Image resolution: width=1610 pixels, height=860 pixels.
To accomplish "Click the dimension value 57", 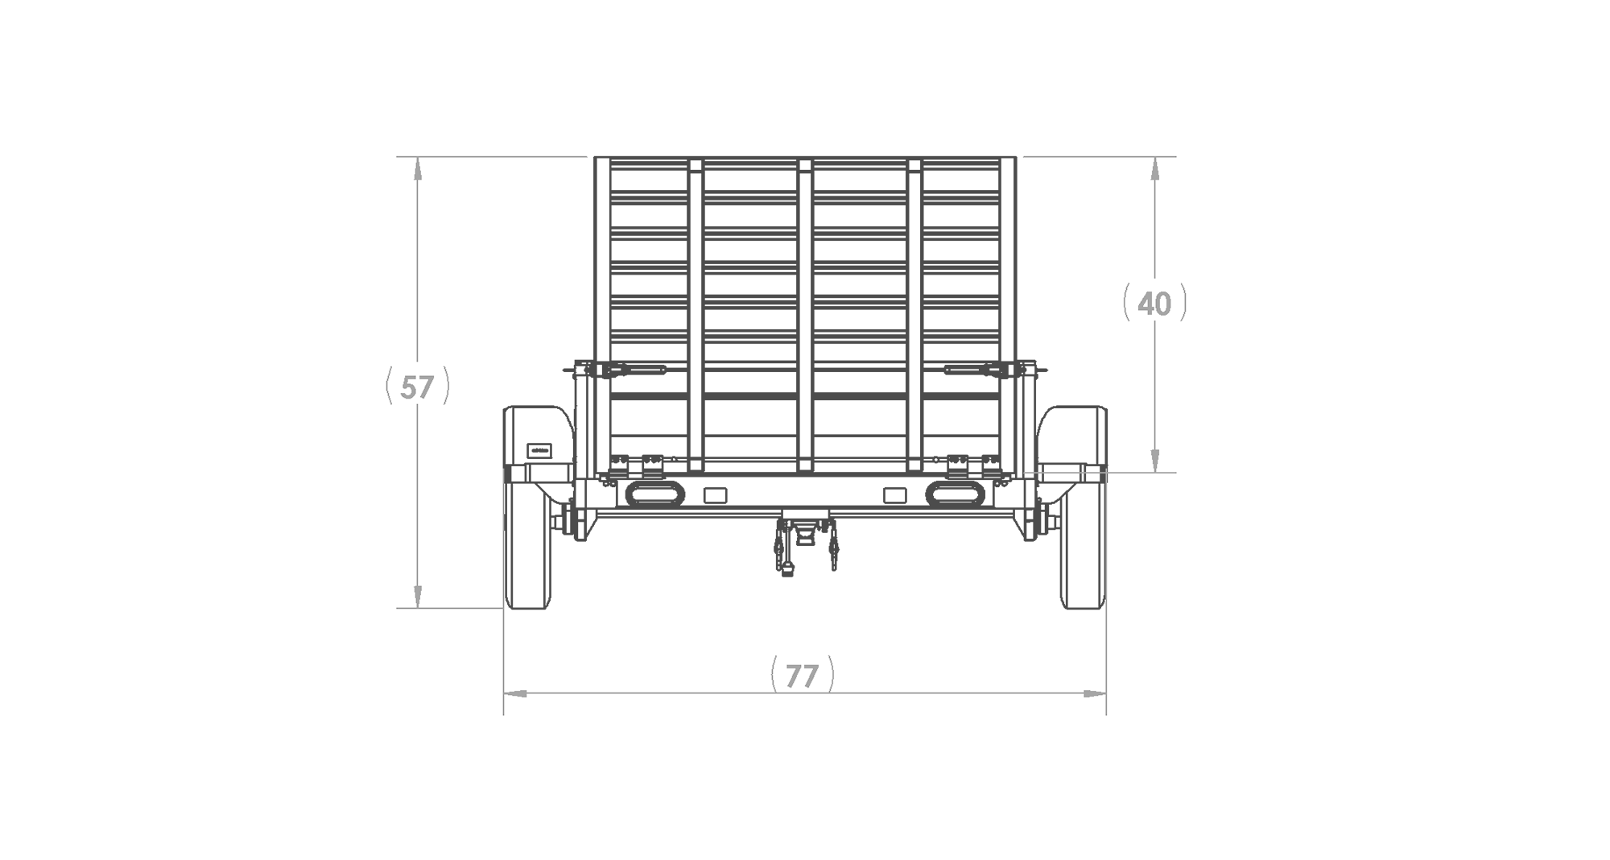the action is pos(417,388).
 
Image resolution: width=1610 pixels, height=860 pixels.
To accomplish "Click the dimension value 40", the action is pos(1154,304).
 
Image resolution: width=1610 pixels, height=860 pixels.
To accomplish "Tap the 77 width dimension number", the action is pos(802,676).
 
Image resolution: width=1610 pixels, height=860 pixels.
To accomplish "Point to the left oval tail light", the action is pos(654,494).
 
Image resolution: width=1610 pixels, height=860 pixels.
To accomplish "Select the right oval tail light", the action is pos(955,494).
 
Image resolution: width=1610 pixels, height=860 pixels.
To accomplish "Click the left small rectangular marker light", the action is pos(715,495).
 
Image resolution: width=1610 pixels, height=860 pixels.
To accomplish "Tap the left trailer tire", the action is pos(530,540).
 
